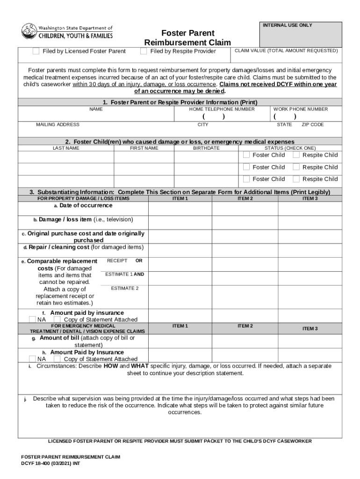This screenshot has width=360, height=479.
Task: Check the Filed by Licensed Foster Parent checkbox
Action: click(x=36, y=51)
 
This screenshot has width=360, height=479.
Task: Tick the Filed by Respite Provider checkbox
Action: click(x=144, y=51)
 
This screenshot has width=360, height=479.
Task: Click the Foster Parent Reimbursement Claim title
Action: click(x=187, y=38)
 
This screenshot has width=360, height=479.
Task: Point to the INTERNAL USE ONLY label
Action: click(x=287, y=25)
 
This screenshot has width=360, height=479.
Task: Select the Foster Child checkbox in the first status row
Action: click(x=246, y=155)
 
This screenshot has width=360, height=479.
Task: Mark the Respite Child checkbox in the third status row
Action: click(x=296, y=179)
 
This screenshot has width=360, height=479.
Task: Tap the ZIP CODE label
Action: click(x=312, y=125)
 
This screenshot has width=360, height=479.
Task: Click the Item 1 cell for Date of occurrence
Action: click(x=180, y=208)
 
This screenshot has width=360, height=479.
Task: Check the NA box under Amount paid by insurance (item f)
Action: click(x=32, y=319)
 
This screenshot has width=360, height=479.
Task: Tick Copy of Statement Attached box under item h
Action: click(x=58, y=359)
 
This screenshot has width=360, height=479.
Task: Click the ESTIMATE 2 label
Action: click(x=124, y=289)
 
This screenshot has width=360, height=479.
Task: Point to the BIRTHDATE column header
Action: click(x=206, y=148)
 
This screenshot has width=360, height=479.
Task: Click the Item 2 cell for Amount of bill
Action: click(x=245, y=341)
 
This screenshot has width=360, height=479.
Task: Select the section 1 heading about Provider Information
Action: click(x=180, y=102)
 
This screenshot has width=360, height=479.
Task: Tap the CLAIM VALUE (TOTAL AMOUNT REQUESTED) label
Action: click(x=286, y=51)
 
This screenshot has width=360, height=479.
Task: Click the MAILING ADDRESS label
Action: click(x=58, y=125)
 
